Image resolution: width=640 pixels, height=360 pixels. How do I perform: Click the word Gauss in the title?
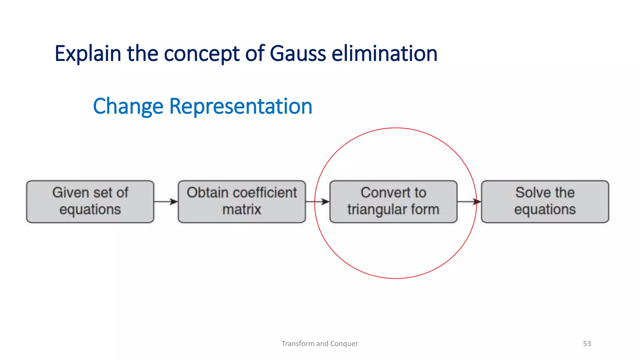click(x=297, y=54)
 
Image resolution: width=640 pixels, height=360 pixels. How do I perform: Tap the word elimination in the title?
click(x=384, y=54)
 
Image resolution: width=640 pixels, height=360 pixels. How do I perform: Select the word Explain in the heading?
click(x=88, y=54)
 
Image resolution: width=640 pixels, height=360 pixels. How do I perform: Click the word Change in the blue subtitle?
click(x=128, y=107)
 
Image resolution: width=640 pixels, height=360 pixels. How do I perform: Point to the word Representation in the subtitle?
click(x=241, y=107)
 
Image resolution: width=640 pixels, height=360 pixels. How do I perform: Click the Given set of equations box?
click(x=90, y=202)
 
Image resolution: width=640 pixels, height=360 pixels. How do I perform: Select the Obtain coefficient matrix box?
click(x=242, y=202)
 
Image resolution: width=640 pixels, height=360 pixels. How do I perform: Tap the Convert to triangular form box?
click(x=393, y=202)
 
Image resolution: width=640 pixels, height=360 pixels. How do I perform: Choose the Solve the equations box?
click(x=545, y=202)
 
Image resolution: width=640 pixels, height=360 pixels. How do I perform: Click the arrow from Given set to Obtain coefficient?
click(x=166, y=202)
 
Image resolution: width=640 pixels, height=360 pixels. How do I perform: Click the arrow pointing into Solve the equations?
click(x=469, y=202)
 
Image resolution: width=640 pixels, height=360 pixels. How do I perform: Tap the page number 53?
click(x=587, y=343)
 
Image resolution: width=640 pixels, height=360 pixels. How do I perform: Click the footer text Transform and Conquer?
click(x=320, y=343)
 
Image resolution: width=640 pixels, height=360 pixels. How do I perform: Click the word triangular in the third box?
click(x=373, y=209)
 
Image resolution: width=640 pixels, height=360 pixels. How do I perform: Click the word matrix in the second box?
click(x=242, y=209)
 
